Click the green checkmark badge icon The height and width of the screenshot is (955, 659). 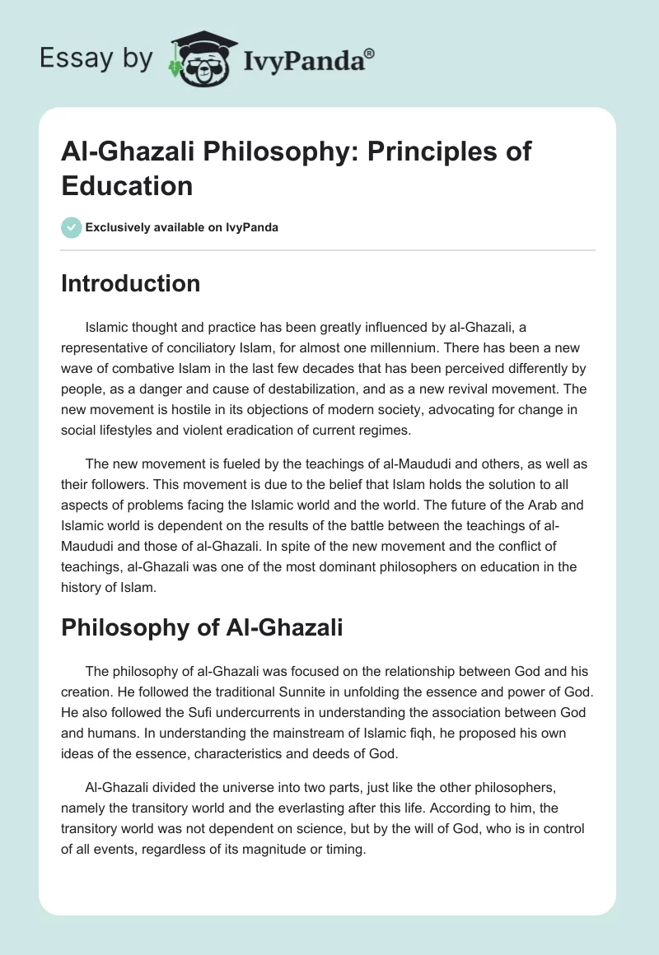tap(71, 227)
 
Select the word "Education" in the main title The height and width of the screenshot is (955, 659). tap(127, 184)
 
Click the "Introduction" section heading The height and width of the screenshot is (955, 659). tap(131, 283)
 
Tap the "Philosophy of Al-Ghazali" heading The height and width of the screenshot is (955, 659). tap(202, 627)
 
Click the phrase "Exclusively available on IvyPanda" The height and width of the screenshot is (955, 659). tap(183, 227)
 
